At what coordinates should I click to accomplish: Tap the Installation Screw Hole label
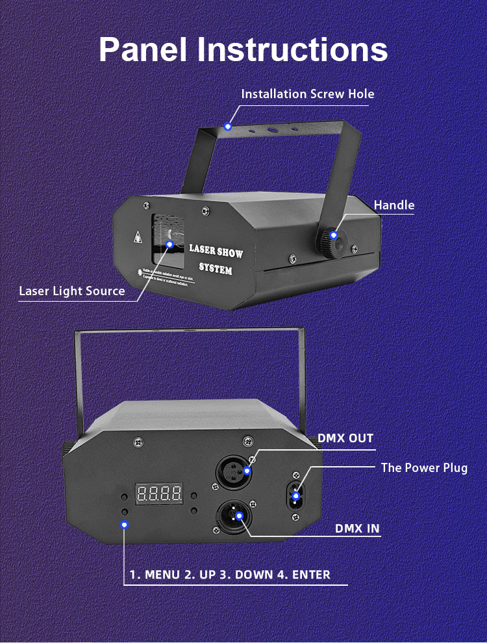point(308,94)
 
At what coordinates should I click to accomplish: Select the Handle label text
point(393,205)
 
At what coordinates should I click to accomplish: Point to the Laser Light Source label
point(71,291)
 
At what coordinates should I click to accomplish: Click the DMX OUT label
point(345,438)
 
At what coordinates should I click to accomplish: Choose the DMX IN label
point(357,528)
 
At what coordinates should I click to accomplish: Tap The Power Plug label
point(424,467)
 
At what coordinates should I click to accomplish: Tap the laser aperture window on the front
point(167,244)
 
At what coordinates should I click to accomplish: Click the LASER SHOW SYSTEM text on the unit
point(216,258)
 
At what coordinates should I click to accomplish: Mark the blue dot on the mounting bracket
point(228,126)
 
